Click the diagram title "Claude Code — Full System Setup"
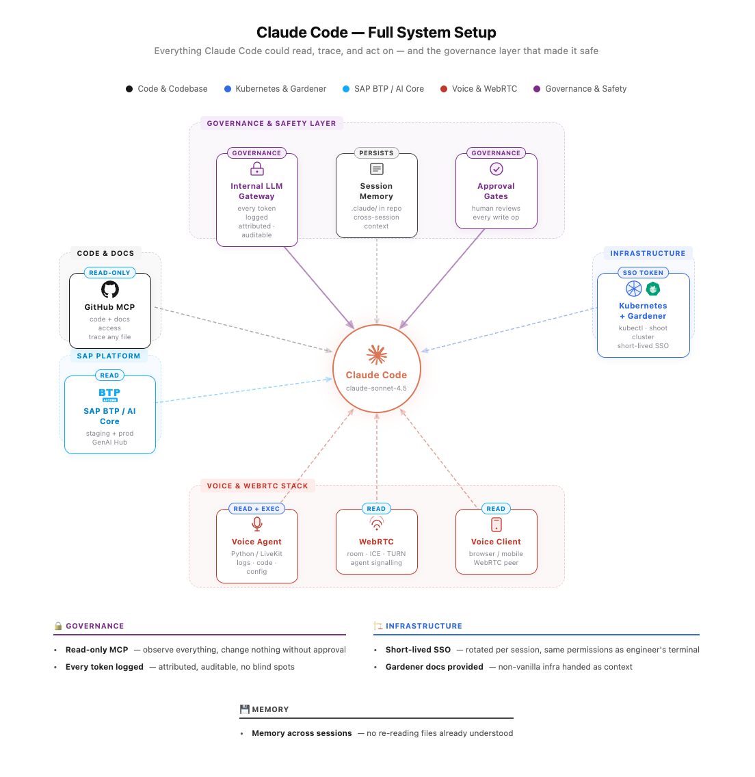(376, 32)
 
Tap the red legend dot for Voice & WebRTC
(444, 89)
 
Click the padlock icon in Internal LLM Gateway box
(257, 169)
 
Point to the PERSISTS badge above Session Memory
(376, 153)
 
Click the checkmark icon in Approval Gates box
(496, 169)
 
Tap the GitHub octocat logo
(110, 289)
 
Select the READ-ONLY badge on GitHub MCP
(109, 273)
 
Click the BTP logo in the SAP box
(109, 395)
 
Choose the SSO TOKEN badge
(643, 273)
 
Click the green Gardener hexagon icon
(653, 289)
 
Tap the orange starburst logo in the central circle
(377, 354)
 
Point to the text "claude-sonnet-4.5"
(376, 388)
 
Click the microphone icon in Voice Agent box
(257, 524)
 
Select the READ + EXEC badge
(256, 509)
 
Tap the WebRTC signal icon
(377, 524)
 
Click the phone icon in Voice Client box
(496, 525)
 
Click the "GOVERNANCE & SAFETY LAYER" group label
(271, 124)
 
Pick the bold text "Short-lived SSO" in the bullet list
(418, 650)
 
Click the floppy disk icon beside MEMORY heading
(244, 709)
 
